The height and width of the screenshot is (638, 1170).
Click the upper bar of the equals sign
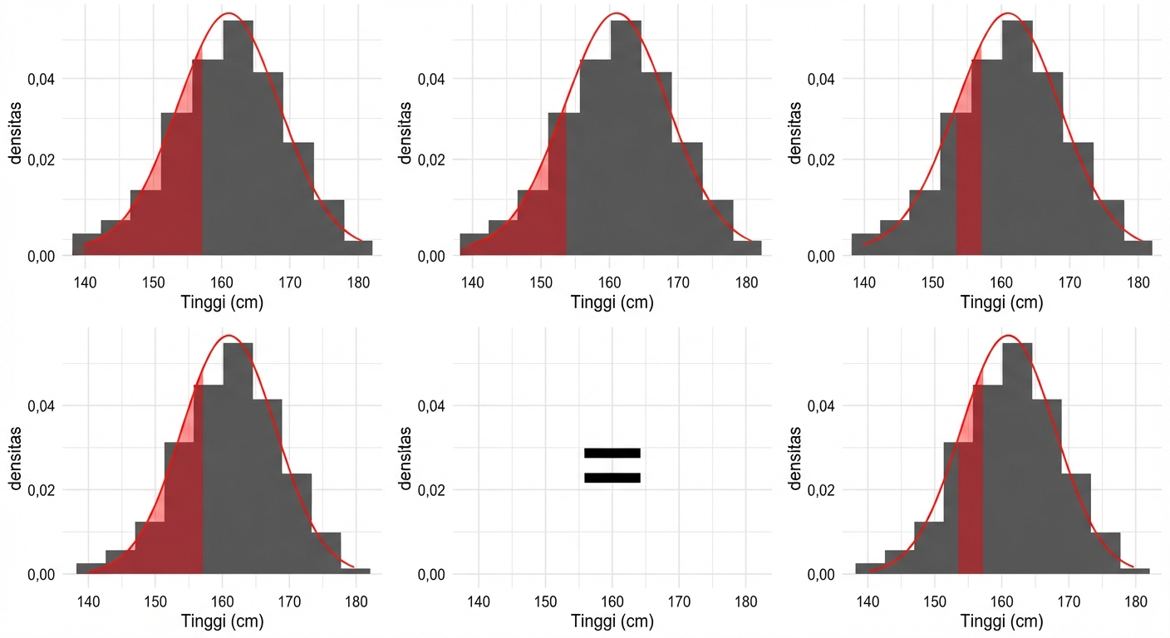click(x=612, y=453)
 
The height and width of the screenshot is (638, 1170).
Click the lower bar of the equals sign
click(x=612, y=478)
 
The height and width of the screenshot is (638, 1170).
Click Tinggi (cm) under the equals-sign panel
click(x=612, y=621)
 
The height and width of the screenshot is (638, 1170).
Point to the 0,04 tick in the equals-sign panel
click(x=431, y=406)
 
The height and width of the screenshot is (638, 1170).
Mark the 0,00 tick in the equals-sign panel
click(x=431, y=575)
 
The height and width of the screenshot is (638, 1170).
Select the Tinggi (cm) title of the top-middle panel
click(x=612, y=302)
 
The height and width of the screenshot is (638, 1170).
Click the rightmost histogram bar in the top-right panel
click(x=1138, y=248)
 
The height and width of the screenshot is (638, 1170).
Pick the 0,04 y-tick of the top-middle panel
click(x=431, y=80)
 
